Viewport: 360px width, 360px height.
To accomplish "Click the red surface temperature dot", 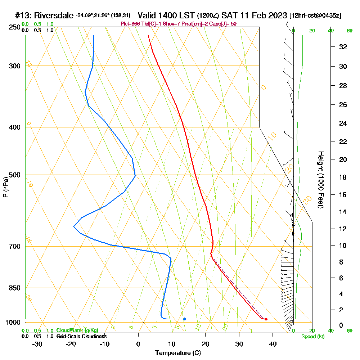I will [266, 319].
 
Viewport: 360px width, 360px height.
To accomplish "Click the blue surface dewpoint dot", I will [185, 319].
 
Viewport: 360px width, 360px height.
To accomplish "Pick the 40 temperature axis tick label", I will [273, 344].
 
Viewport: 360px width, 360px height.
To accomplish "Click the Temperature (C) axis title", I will [178, 353].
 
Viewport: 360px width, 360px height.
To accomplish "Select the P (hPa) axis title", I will [6, 187].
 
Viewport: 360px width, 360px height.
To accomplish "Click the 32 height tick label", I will [343, 47].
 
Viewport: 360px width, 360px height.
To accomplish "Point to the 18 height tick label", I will [343, 177].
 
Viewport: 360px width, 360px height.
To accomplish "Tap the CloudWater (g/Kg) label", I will [77, 330].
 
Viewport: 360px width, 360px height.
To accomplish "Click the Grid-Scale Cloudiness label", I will [81, 336].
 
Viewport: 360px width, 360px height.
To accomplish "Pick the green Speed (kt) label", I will [312, 336].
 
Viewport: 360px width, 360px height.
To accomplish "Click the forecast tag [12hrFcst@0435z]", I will [315, 16].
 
